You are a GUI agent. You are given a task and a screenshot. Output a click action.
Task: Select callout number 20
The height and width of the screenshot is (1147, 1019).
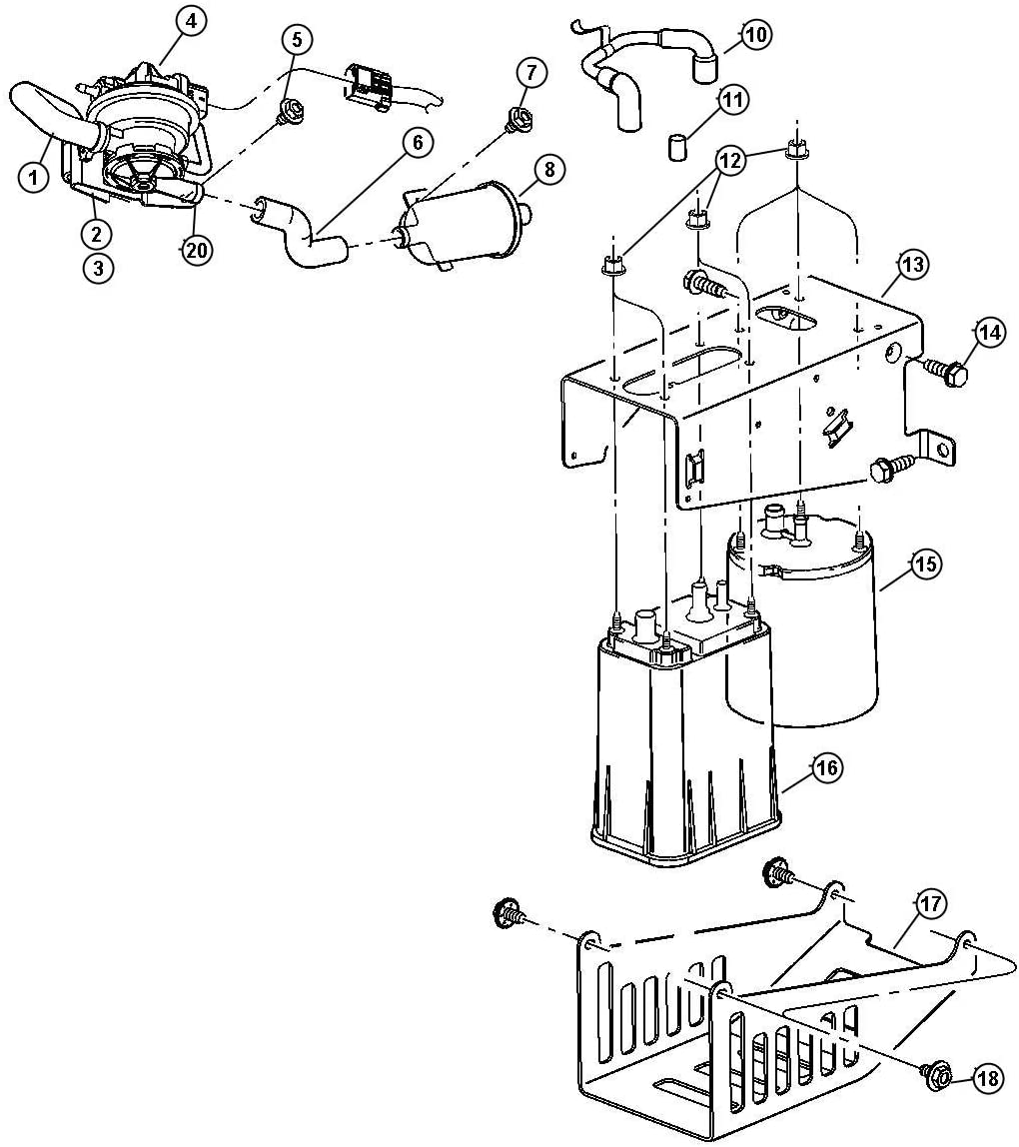197,251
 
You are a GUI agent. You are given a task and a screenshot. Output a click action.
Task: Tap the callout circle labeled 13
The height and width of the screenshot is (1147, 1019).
912,265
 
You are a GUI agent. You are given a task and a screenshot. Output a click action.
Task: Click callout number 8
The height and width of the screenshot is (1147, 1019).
547,169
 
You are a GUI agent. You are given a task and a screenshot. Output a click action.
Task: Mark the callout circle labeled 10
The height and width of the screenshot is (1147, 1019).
756,35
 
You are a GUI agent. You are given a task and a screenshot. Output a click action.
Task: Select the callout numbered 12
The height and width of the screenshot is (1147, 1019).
730,160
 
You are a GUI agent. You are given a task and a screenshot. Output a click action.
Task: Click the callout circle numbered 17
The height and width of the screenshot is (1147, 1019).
930,905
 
